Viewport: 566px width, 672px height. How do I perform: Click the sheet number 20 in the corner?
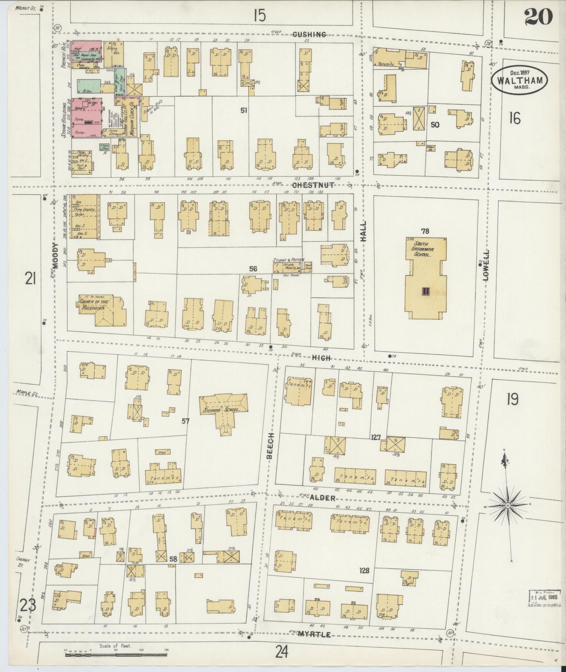pyautogui.click(x=538, y=16)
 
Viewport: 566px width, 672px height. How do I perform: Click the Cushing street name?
pyautogui.click(x=309, y=34)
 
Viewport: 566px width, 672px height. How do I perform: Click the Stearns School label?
pyautogui.click(x=224, y=410)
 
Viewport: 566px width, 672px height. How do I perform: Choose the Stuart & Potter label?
pyautogui.click(x=288, y=260)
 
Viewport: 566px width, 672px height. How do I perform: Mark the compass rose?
pyautogui.click(x=507, y=505)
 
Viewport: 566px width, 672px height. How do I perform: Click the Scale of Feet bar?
pyautogui.click(x=115, y=654)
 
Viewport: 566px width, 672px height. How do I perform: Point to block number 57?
pyautogui.click(x=186, y=420)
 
